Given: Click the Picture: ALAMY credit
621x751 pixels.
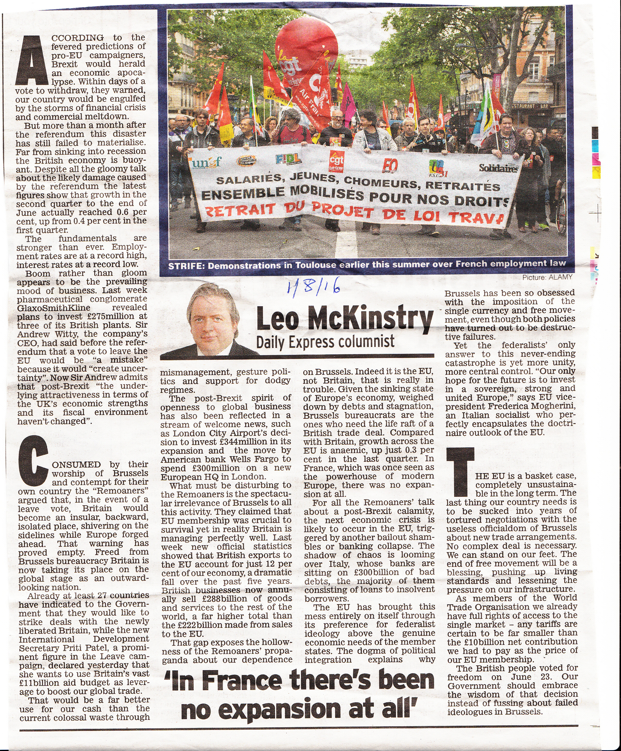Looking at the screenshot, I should pyautogui.click(x=547, y=277).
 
